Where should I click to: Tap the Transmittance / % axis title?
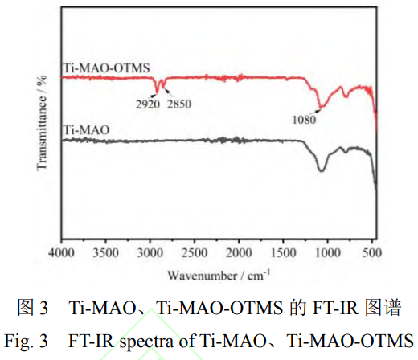point(43,121)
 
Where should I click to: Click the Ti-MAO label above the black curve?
point(86,129)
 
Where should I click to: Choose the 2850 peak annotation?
point(178,104)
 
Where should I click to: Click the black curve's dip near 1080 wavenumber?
point(322,170)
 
